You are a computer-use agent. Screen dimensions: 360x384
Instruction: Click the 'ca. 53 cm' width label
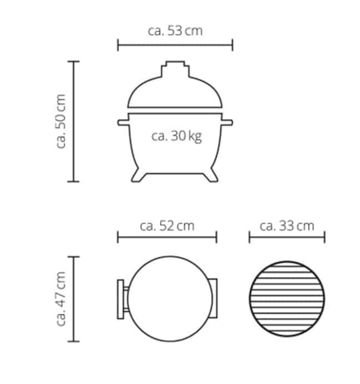[175, 31]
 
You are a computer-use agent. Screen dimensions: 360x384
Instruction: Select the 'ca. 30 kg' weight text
[176, 136]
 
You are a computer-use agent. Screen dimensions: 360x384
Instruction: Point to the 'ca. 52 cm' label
[167, 226]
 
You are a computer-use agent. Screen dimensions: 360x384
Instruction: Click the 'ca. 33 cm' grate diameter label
[287, 226]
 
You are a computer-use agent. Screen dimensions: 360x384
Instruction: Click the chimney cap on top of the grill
[175, 69]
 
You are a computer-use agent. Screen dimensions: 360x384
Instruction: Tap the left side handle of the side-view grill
[123, 122]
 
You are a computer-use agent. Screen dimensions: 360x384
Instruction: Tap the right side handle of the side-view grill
[227, 122]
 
